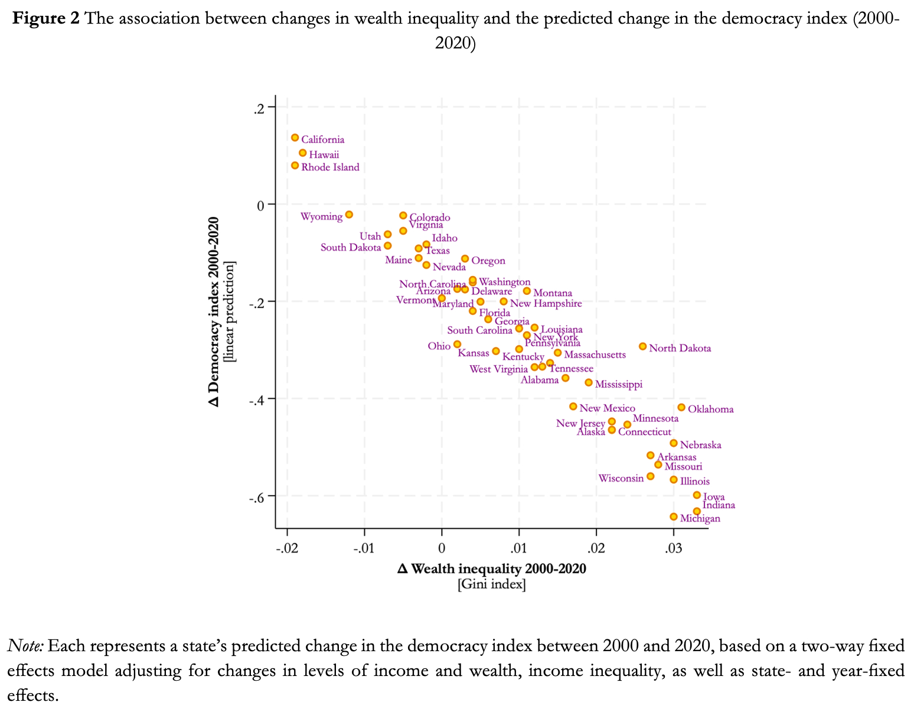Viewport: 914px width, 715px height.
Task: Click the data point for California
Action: tap(295, 138)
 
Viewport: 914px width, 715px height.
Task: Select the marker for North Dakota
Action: tap(642, 346)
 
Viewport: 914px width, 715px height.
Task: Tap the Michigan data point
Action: tap(674, 516)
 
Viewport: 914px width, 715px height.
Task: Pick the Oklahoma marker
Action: tap(681, 407)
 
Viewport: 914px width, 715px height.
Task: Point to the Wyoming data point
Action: tap(349, 214)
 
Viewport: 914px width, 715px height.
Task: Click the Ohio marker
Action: tap(457, 344)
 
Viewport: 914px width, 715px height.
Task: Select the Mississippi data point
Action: tap(589, 382)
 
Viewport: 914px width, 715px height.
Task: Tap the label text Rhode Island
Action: tap(330, 168)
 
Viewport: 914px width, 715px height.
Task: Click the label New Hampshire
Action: tap(546, 304)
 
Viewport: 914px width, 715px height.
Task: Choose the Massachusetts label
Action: tap(595, 355)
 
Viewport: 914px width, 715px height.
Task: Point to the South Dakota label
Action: tap(351, 248)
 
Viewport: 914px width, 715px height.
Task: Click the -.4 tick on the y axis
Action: tap(259, 399)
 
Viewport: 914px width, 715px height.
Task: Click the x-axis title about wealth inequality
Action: tap(492, 569)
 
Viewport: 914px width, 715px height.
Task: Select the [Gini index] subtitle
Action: tap(492, 584)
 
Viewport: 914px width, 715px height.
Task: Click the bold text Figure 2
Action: tap(46, 19)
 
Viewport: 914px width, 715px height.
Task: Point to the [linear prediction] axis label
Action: tap(230, 311)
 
